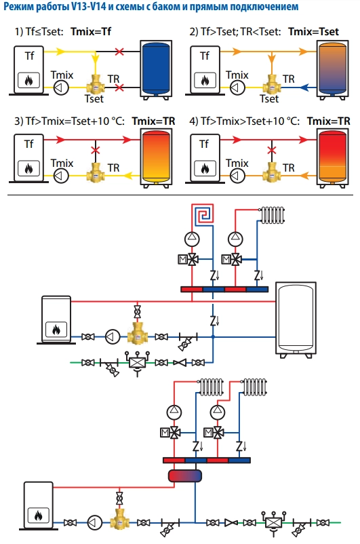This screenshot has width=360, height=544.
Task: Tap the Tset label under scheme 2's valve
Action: pyautogui.click(x=269, y=99)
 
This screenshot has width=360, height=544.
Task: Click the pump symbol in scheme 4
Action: pyautogui.click(x=237, y=176)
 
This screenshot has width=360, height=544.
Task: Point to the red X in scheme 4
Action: pyautogui.click(x=272, y=150)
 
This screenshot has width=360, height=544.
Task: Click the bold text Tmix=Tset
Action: pyautogui.click(x=313, y=32)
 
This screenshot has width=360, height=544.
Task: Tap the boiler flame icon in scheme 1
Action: pyautogui.click(x=28, y=81)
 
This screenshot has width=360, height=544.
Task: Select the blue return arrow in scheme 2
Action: pyautogui.click(x=304, y=88)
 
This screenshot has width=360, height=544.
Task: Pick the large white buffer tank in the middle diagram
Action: pyautogui.click(x=296, y=320)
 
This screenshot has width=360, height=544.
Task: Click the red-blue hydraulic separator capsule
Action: pyautogui.click(x=185, y=475)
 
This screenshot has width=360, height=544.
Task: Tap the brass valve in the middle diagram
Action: pyautogui.click(x=138, y=334)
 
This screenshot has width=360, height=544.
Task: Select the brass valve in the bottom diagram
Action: pyautogui.click(x=120, y=520)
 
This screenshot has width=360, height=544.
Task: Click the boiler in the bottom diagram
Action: pyautogui.click(x=38, y=505)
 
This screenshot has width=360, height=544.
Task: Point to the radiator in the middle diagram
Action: pyautogui.click(x=273, y=215)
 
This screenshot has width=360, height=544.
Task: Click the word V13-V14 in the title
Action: pyautogui.click(x=88, y=6)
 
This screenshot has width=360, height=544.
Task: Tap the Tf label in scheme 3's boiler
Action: pyautogui.click(x=29, y=144)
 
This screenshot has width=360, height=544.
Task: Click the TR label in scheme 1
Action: pyautogui.click(x=113, y=79)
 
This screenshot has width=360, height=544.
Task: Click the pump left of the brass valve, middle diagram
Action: pyautogui.click(x=113, y=337)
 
